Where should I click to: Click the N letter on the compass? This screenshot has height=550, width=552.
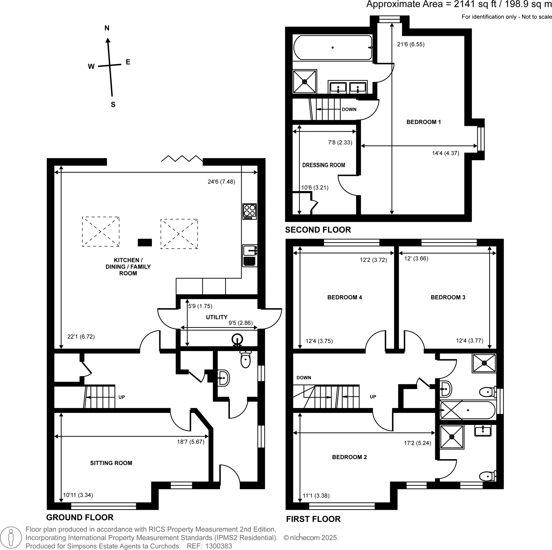107,28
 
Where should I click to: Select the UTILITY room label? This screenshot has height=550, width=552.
217,317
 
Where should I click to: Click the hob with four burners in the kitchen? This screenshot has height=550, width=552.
249,211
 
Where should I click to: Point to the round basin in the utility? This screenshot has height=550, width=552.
237,340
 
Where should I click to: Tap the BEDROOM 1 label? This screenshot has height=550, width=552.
423,122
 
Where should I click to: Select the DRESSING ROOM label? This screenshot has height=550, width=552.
323,165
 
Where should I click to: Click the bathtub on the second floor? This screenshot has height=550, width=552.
333,47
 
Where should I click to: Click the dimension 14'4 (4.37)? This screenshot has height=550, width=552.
446,153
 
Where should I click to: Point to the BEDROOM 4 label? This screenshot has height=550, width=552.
344,297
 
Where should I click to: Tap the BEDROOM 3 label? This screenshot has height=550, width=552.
448,297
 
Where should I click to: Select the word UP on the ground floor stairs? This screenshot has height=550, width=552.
122,397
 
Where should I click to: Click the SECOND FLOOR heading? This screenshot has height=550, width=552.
318,230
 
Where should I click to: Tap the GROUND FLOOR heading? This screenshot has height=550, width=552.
80,517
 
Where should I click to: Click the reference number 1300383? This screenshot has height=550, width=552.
219,546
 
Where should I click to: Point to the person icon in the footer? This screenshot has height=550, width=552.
11,538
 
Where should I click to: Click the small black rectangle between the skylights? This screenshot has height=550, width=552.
144,242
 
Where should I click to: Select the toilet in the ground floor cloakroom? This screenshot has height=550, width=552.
246,360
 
